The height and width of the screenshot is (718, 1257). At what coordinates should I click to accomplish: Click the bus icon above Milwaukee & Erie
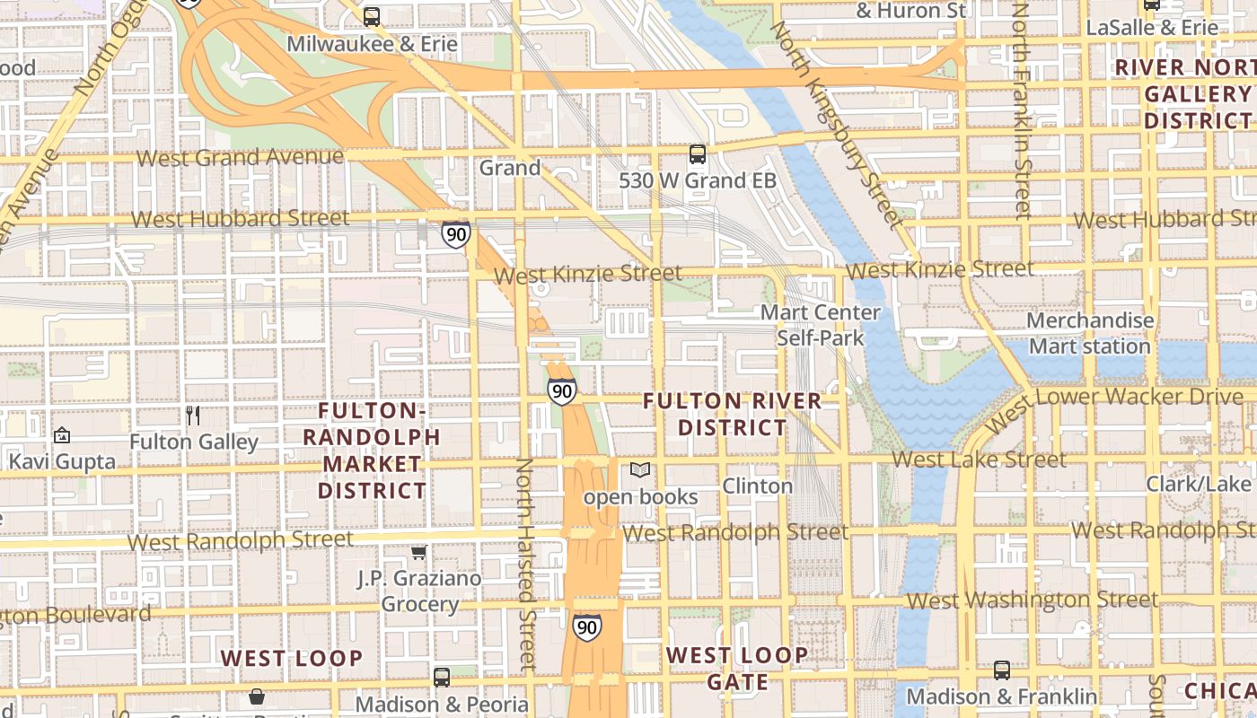pyautogui.click(x=371, y=16)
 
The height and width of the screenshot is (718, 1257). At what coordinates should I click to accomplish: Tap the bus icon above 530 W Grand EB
pyautogui.click(x=698, y=154)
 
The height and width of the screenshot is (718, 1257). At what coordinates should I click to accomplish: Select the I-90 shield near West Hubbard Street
pyautogui.click(x=455, y=235)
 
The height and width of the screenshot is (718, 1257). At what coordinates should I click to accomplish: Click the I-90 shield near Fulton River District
pyautogui.click(x=561, y=391)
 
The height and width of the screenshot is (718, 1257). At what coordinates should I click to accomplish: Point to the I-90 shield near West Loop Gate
pyautogui.click(x=586, y=626)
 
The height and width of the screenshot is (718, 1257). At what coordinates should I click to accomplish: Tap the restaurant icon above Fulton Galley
pyautogui.click(x=192, y=415)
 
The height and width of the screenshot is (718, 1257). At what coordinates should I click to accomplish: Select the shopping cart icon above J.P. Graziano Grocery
pyautogui.click(x=418, y=552)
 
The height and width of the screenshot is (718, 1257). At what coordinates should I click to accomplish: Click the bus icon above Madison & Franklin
pyautogui.click(x=1001, y=670)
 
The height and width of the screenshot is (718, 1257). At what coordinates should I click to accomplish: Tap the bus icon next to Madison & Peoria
pyautogui.click(x=441, y=678)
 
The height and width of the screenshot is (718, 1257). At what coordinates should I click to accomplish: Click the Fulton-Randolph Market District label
pyautogui.click(x=372, y=451)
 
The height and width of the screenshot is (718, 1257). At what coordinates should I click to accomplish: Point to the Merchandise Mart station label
pyautogui.click(x=1089, y=333)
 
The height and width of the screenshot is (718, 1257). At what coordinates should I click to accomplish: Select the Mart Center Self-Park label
pyautogui.click(x=820, y=325)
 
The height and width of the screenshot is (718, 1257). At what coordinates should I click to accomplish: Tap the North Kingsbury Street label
pyautogui.click(x=834, y=126)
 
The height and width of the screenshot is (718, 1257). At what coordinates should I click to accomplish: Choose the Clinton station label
pyautogui.click(x=758, y=486)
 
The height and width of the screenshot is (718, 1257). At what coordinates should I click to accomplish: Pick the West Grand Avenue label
pyautogui.click(x=240, y=158)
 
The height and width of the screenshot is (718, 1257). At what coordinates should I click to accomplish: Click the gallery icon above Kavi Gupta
pyautogui.click(x=61, y=435)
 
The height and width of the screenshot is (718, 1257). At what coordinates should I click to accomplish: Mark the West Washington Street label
pyautogui.click(x=1033, y=600)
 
